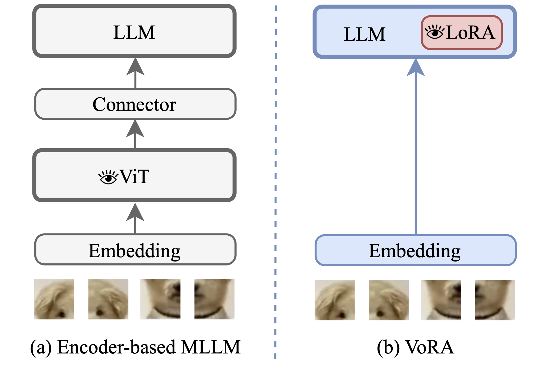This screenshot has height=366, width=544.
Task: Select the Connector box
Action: [135, 104]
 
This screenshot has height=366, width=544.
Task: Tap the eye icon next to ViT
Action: [108, 177]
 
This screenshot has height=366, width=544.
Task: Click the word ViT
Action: [135, 176]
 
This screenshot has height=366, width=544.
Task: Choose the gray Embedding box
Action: [135, 250]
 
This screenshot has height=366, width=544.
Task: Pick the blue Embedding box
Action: [415, 250]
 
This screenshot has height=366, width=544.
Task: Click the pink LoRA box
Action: [462, 33]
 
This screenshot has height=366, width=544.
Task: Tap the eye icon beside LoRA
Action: [435, 32]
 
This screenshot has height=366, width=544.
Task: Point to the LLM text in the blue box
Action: [364, 34]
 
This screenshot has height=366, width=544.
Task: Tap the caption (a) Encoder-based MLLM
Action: [135, 347]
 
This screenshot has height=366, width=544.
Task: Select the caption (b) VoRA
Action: [415, 347]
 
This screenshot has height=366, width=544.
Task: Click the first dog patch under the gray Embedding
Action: [54, 299]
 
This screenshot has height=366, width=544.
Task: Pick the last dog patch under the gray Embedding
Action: [214, 299]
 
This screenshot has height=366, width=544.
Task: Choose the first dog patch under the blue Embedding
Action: [334, 300]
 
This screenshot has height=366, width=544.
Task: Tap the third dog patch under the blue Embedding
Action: [441, 300]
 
